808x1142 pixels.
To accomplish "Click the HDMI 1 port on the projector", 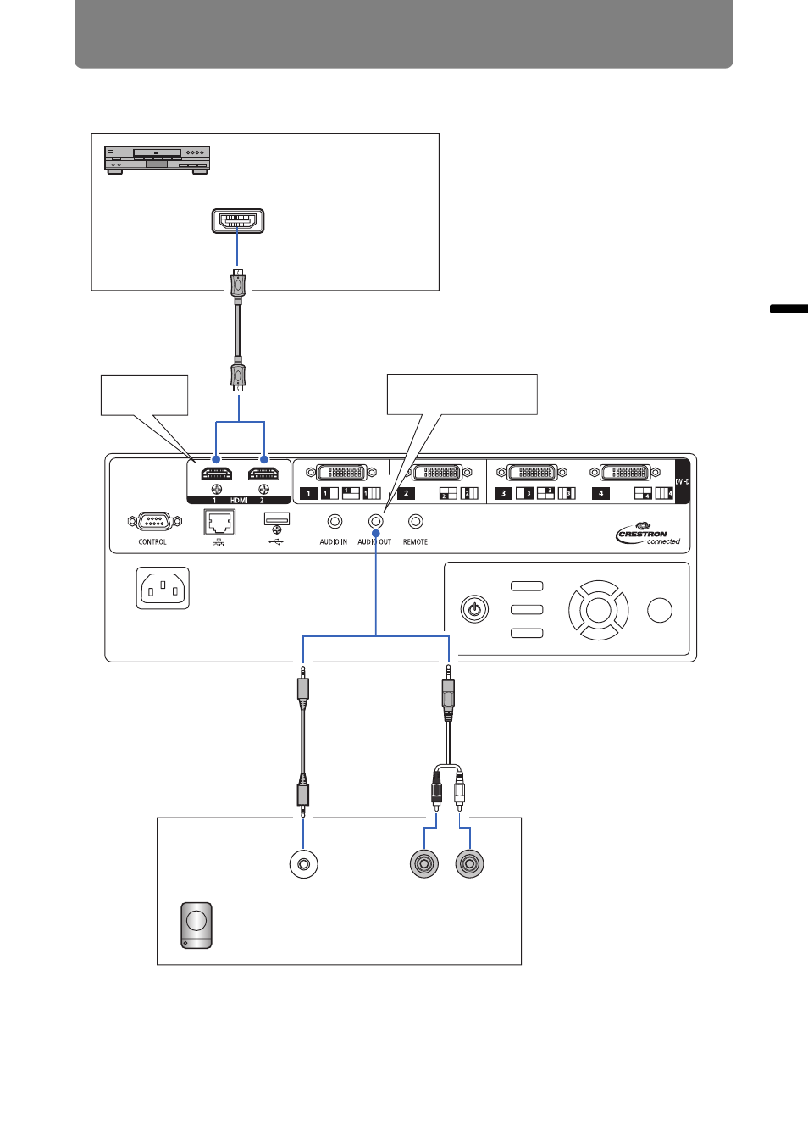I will (216, 474).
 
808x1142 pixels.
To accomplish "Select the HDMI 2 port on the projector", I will (263, 474).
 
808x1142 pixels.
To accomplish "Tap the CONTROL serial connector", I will (153, 522).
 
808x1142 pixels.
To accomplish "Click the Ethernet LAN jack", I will (219, 522).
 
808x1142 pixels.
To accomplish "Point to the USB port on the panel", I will (277, 518).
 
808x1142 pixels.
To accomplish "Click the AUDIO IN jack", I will (335, 522).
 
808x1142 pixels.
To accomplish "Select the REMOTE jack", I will (415, 522).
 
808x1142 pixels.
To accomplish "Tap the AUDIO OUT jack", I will (375, 522).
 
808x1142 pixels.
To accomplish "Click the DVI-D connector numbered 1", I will (341, 473).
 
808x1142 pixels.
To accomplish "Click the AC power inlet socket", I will (163, 588).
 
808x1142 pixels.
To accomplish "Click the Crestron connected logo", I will (648, 535).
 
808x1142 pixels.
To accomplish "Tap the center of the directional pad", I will (598, 610).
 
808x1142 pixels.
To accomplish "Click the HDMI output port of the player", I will (238, 221).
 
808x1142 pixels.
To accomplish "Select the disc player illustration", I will (157, 159).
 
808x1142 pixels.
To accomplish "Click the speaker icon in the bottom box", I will (196, 925).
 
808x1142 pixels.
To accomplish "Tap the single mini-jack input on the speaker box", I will (303, 865).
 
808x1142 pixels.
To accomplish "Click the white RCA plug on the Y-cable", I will (459, 793).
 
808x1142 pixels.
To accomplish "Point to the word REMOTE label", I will (415, 542).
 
